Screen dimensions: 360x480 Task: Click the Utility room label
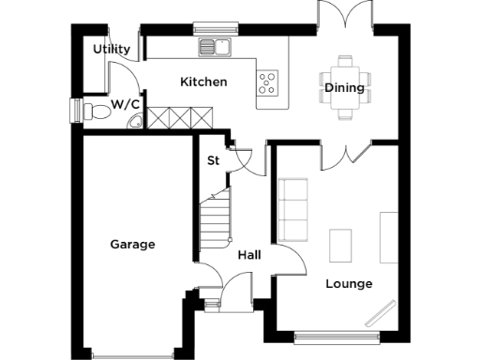112,50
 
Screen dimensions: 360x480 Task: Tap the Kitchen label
203,82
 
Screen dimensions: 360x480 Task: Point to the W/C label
125,104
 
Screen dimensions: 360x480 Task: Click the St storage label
213,160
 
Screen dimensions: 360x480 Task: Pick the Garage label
132,245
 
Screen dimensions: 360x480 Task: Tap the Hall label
248,255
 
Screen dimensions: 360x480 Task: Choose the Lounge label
349,283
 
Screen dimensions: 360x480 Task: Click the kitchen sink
215,47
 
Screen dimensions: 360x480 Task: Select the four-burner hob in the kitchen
267,82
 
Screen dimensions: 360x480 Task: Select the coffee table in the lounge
340,246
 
